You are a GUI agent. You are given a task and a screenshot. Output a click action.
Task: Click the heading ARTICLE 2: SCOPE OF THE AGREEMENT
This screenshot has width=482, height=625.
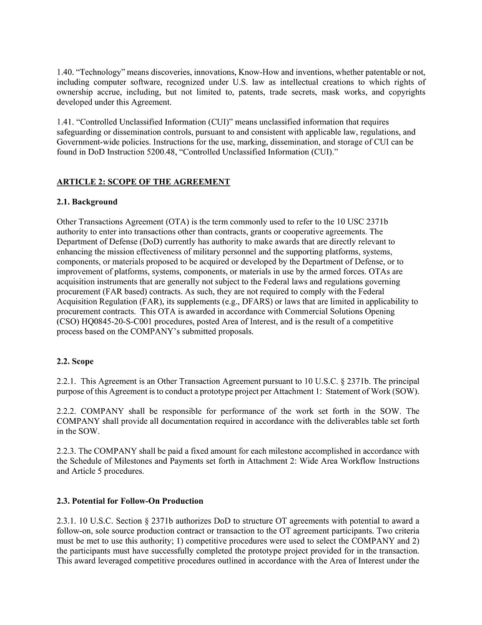click(x=143, y=182)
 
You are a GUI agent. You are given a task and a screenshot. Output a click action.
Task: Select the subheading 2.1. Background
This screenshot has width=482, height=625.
click(x=87, y=202)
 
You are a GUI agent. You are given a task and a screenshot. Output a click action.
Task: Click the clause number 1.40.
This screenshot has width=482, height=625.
click(x=66, y=72)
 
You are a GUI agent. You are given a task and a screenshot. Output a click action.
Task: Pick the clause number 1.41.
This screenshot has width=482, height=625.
click(x=65, y=122)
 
